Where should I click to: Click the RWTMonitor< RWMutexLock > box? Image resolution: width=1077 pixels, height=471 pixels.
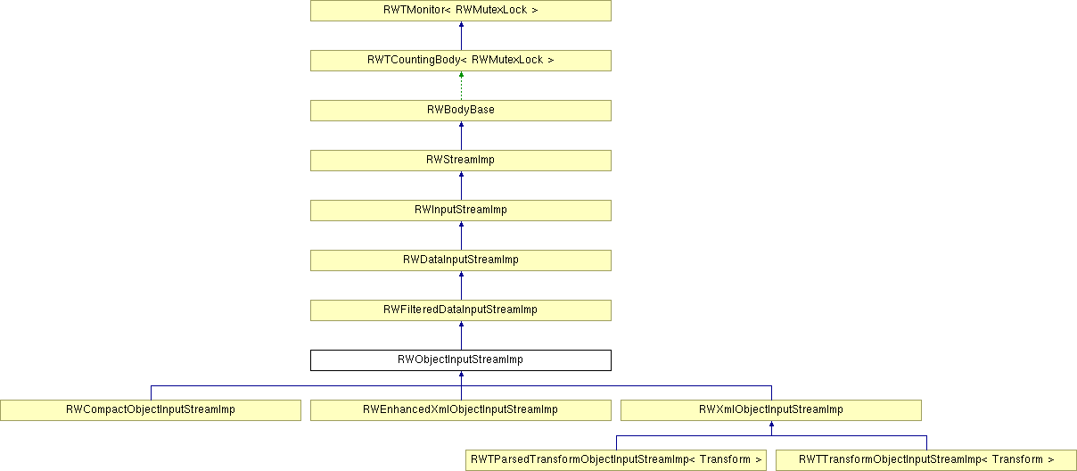[x=461, y=11]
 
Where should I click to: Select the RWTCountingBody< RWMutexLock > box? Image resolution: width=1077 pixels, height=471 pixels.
[x=461, y=61]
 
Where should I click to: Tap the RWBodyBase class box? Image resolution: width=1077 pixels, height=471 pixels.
[x=461, y=111]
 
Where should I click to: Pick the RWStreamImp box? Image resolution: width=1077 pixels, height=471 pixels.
[x=461, y=161]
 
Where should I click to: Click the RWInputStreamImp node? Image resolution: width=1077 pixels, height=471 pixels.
[x=461, y=211]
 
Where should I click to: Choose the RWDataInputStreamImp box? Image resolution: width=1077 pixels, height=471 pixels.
[x=461, y=260]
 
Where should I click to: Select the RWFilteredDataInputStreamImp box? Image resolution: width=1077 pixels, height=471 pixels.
[x=461, y=310]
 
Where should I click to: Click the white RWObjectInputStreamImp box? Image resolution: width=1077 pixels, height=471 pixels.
[x=461, y=360]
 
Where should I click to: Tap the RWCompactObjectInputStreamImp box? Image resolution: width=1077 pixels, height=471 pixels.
[x=151, y=410]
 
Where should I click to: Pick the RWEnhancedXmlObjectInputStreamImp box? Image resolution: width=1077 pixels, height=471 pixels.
[x=461, y=410]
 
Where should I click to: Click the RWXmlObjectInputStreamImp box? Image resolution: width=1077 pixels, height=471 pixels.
[x=771, y=410]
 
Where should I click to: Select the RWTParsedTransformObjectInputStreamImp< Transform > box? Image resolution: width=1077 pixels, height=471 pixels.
[x=616, y=460]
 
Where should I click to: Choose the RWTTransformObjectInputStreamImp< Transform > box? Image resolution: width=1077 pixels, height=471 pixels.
[x=926, y=460]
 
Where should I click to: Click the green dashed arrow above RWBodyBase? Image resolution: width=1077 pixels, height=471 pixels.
[x=461, y=86]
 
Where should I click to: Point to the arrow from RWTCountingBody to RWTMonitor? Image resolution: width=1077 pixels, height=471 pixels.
[x=461, y=36]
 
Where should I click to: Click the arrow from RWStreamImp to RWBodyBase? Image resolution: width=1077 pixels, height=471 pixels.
[x=461, y=136]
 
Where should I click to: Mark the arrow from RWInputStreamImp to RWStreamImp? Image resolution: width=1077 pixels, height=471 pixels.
[x=461, y=186]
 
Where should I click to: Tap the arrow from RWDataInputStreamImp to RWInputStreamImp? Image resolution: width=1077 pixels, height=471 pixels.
[x=461, y=235]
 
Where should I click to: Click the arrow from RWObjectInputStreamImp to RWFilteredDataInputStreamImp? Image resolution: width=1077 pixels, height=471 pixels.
[x=461, y=335]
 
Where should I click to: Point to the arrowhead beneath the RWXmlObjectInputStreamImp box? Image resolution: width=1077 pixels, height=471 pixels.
[x=772, y=425]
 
